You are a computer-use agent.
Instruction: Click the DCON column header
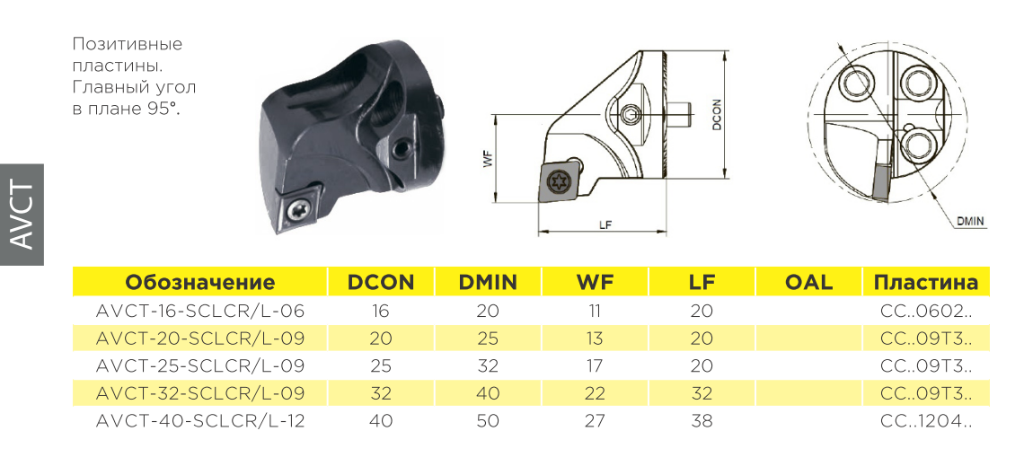[381, 282]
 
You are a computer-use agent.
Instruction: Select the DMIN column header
[488, 282]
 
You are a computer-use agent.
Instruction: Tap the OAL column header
[808, 282]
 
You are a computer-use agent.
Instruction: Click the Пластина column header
[926, 283]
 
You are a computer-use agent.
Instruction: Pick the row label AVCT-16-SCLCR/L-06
[200, 312]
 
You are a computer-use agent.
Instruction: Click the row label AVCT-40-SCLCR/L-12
[200, 421]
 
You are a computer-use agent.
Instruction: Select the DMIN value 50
[488, 421]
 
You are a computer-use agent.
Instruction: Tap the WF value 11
[595, 312]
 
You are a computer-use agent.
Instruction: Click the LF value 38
[702, 421]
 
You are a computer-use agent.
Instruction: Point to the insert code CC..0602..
[927, 312]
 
